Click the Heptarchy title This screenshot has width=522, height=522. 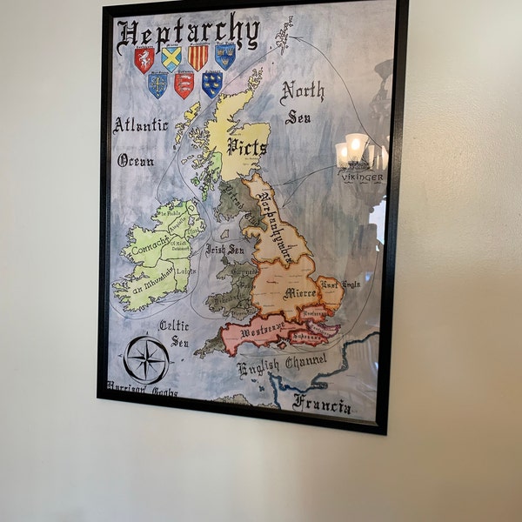[x=188, y=34]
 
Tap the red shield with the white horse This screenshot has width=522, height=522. [x=144, y=59]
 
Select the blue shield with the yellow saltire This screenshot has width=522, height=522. [x=171, y=58]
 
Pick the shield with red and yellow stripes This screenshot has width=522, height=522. [x=198, y=57]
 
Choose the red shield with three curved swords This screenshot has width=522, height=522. [x=184, y=84]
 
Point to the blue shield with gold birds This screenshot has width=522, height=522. [x=211, y=84]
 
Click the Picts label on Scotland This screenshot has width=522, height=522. [x=247, y=146]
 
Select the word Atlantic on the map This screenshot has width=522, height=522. [x=140, y=125]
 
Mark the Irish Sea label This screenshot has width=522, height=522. [x=225, y=249]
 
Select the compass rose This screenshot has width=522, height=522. [x=146, y=358]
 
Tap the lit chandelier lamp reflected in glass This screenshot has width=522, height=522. [x=355, y=148]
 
